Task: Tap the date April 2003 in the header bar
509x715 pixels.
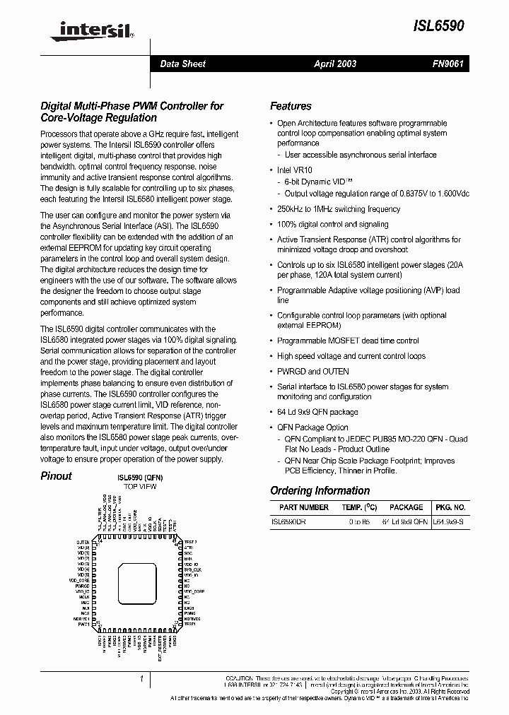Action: click(x=335, y=64)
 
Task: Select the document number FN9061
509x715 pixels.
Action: click(x=447, y=64)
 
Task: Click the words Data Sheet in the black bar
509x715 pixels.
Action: click(x=182, y=64)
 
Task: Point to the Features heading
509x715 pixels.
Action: click(x=291, y=106)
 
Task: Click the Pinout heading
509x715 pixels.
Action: click(x=56, y=476)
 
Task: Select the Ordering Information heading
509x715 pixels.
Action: click(x=320, y=490)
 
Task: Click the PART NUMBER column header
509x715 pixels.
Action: click(x=304, y=507)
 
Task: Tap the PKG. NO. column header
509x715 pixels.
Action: click(x=450, y=507)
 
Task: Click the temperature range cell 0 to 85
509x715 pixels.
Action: click(x=358, y=522)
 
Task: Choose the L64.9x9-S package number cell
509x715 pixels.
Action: click(x=450, y=522)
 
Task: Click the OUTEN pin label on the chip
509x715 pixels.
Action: click(x=83, y=542)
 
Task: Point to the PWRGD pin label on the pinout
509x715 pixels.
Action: click(x=82, y=586)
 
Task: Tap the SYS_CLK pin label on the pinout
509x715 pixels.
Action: click(x=193, y=569)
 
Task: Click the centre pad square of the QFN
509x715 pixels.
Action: click(x=135, y=584)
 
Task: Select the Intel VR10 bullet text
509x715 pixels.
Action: click(x=294, y=170)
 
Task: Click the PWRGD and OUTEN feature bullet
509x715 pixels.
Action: click(x=312, y=371)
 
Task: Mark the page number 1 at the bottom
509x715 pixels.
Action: click(x=141, y=680)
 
